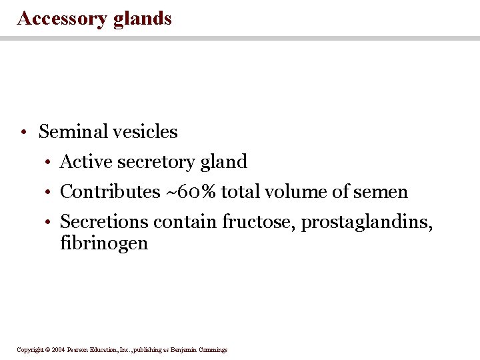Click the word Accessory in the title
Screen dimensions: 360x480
[62, 18]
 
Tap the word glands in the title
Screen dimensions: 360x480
[143, 18]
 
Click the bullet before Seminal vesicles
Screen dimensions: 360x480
[23, 132]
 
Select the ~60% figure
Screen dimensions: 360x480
[191, 192]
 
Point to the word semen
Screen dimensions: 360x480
[381, 192]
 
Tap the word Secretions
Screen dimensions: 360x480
[104, 221]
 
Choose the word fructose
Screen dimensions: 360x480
[259, 221]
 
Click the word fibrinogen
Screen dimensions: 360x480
[104, 243]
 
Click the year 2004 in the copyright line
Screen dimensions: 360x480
[57, 349]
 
